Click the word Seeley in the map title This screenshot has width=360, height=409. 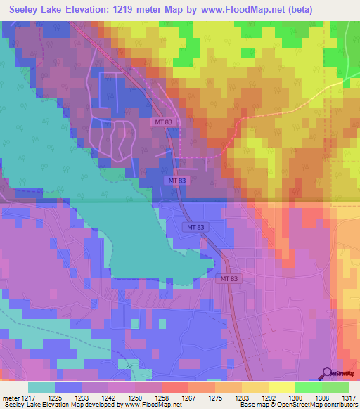[x=27, y=9]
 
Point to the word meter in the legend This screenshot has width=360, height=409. [x=11, y=397]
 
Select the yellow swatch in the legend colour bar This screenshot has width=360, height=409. [x=281, y=387]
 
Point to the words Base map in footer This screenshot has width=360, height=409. [x=236, y=405]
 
